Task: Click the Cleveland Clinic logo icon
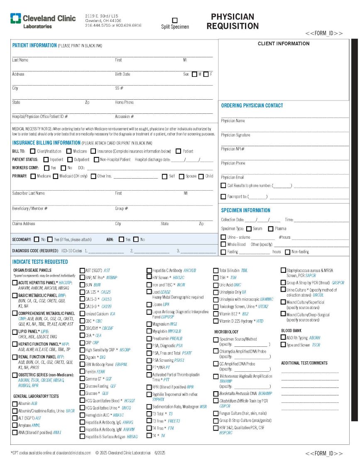click(x=16, y=18)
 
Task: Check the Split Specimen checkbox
click(x=175, y=20)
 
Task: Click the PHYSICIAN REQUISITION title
click(x=233, y=22)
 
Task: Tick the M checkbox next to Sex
click(x=194, y=74)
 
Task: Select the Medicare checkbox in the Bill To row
click(x=69, y=151)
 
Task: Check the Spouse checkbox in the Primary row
click(x=181, y=176)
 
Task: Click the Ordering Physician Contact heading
click(x=252, y=105)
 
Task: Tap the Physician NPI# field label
click(x=233, y=149)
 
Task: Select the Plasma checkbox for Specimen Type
click(x=271, y=228)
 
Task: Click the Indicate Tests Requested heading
click(x=40, y=262)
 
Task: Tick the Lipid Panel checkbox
click(x=15, y=332)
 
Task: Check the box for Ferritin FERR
click(x=82, y=372)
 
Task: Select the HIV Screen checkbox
click(x=149, y=277)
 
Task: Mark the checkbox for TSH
click(x=216, y=277)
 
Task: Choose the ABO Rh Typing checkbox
click(x=284, y=338)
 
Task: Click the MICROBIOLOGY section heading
click(x=226, y=332)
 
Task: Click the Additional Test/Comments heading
click(x=304, y=363)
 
